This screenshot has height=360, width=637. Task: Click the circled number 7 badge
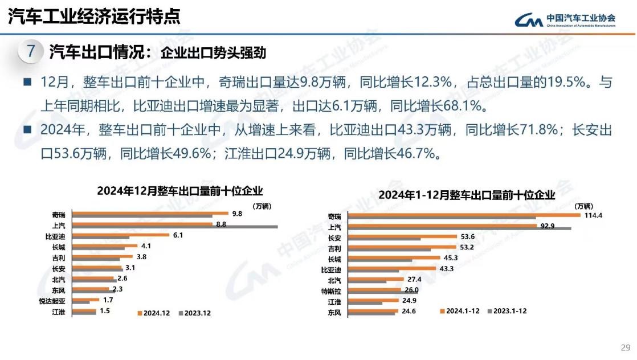click(31, 52)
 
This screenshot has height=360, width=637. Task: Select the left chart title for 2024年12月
click(180, 191)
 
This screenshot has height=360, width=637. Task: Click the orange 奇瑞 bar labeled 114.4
click(464, 214)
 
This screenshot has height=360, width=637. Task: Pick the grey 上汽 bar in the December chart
click(177, 227)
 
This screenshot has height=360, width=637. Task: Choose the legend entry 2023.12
click(195, 313)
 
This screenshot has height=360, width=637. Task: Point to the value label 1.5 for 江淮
click(104, 311)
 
